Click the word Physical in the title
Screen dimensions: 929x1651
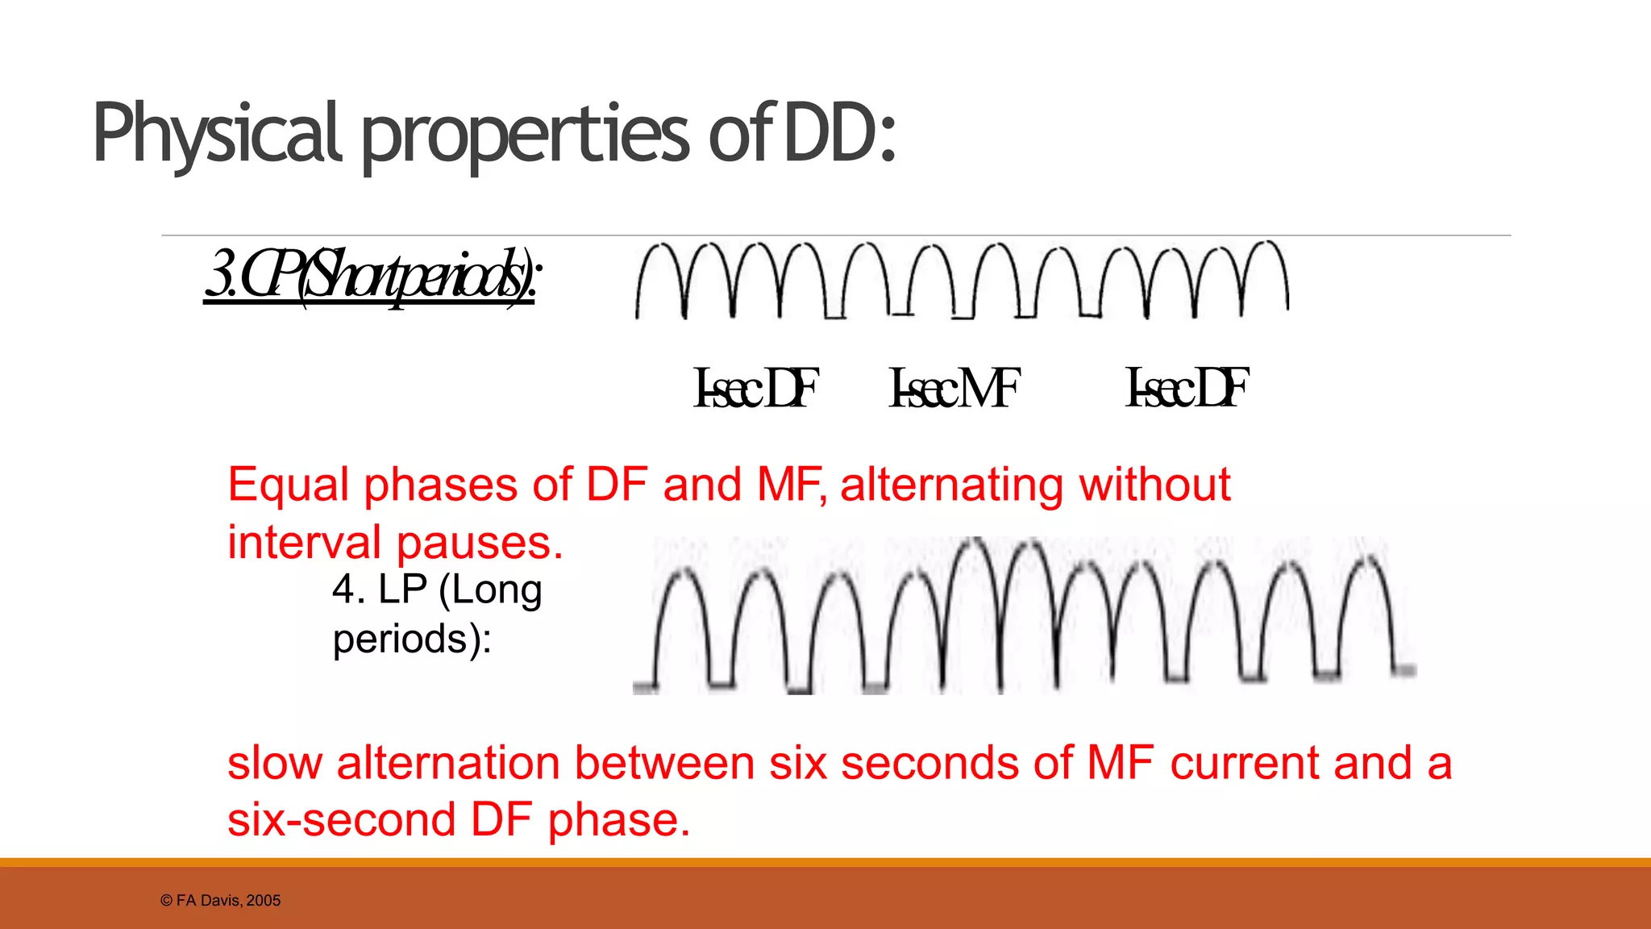coord(218,134)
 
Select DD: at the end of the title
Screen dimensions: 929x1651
coord(839,132)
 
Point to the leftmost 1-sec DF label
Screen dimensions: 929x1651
coord(755,388)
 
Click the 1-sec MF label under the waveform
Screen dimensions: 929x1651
coord(954,388)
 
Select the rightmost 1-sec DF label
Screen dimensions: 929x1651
coord(1187,388)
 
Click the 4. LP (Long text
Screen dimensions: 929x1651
coord(436,589)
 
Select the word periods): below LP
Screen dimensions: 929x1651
coord(412,639)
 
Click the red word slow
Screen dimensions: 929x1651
coord(274,763)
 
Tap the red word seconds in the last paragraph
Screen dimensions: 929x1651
coord(929,763)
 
